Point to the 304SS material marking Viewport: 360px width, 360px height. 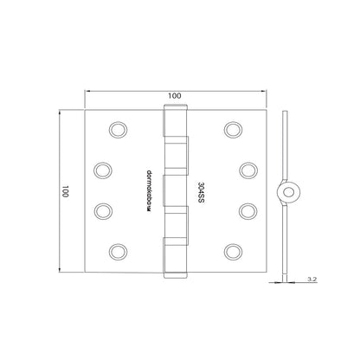point(201,190)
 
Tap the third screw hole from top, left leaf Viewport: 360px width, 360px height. point(100,210)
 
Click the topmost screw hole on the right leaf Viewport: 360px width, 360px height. point(231,130)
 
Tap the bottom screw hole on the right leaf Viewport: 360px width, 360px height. point(231,251)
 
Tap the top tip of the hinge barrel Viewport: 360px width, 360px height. point(175,107)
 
